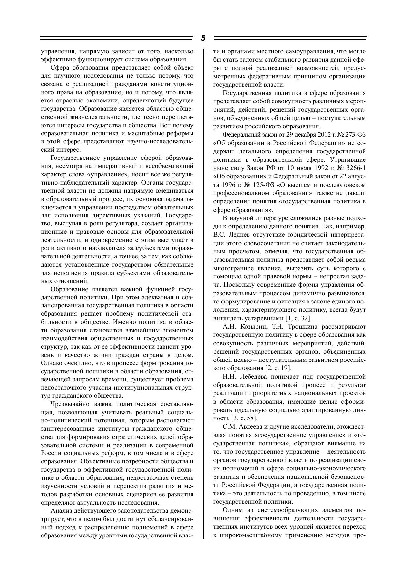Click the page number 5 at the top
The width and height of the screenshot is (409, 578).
tap(203, 38)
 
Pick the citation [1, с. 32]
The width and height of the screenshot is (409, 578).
tap(298, 318)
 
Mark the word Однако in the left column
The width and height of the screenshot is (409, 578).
tap(50, 363)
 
